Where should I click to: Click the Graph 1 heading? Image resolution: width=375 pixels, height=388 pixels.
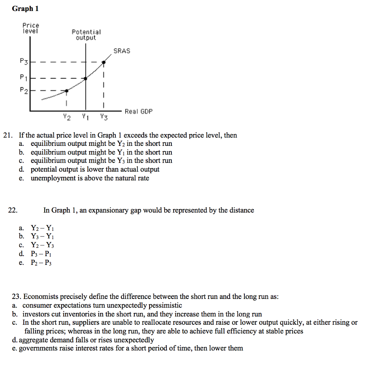[x=25, y=9]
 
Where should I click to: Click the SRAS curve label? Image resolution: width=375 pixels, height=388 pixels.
[x=121, y=51]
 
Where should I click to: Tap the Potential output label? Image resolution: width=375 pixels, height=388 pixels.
[x=86, y=35]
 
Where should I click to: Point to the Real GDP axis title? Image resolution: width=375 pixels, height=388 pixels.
[x=138, y=111]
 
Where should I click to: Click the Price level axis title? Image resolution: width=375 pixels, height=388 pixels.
[x=31, y=28]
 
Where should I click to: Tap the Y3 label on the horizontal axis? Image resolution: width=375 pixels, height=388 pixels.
[x=103, y=117]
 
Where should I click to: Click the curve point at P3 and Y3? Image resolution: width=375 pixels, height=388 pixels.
[x=103, y=63]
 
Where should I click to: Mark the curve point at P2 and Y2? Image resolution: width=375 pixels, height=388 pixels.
[x=67, y=91]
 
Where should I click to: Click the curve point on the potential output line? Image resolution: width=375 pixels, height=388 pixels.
[x=86, y=78]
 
